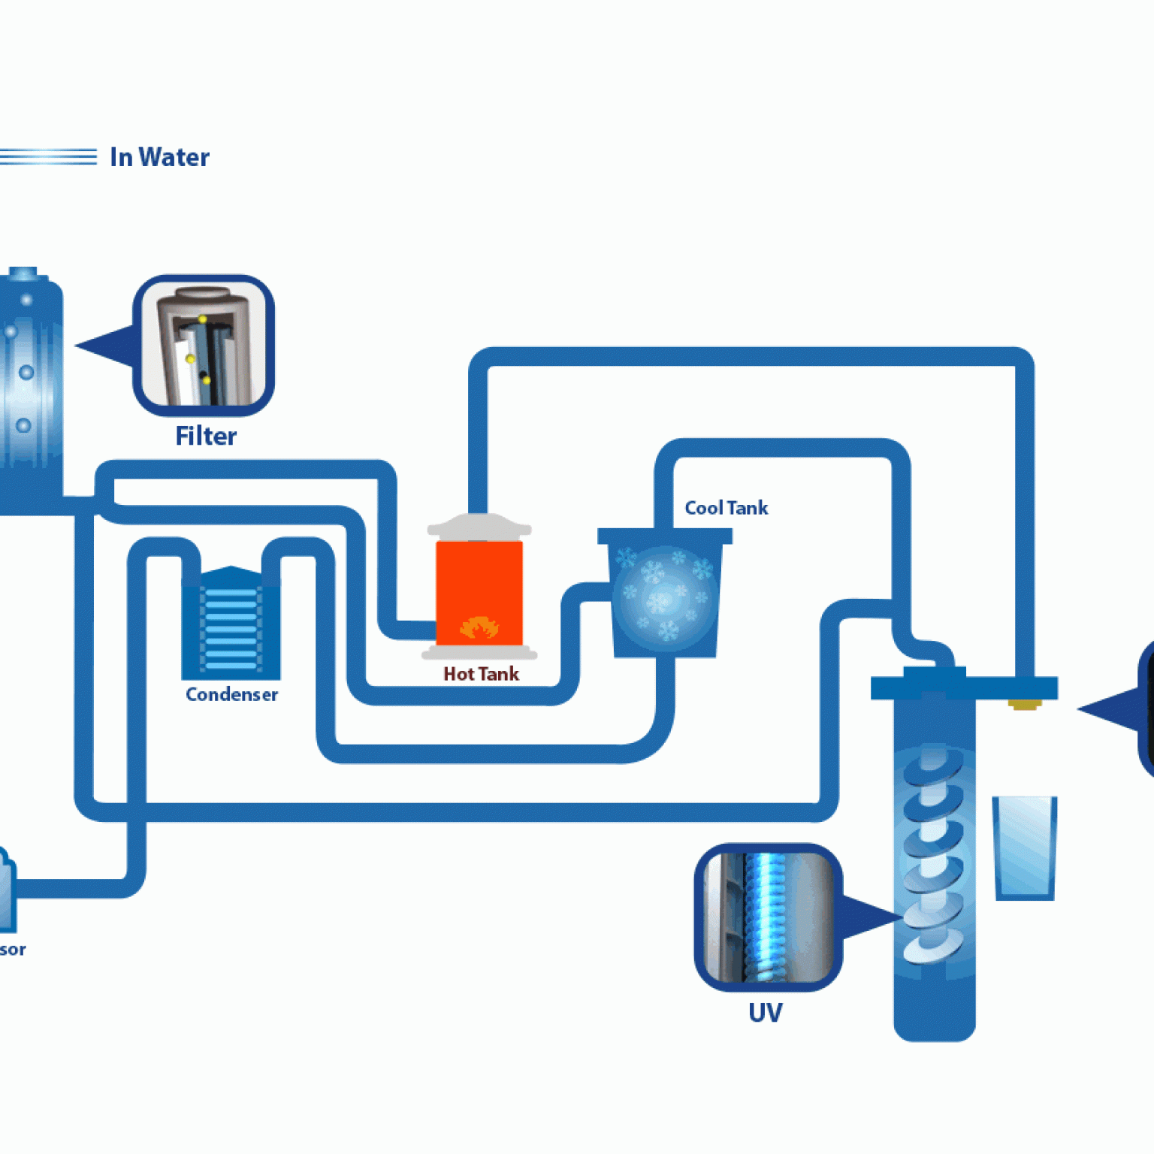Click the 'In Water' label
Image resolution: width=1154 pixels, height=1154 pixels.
tap(159, 157)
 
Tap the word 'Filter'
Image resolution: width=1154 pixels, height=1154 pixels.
tap(205, 436)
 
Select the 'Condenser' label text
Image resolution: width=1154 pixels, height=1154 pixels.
tap(231, 694)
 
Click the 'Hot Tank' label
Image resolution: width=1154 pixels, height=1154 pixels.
tap(481, 674)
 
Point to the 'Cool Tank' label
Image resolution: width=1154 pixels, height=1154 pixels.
tap(726, 508)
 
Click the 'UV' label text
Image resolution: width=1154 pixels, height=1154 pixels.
tap(765, 1013)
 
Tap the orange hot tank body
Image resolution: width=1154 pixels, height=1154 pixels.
tap(479, 579)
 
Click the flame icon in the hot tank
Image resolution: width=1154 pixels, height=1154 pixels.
tap(479, 627)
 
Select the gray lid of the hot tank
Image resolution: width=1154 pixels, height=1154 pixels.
tap(479, 527)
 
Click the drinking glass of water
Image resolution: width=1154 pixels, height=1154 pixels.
tap(1024, 847)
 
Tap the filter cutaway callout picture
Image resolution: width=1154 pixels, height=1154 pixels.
tap(204, 346)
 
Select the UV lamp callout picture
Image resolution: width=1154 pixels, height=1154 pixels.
tap(768, 917)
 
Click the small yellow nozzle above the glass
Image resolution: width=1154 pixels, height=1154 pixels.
tap(1024, 704)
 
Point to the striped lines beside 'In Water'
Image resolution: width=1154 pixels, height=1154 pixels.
tap(49, 156)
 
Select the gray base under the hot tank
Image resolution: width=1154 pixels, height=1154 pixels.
tap(479, 652)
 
